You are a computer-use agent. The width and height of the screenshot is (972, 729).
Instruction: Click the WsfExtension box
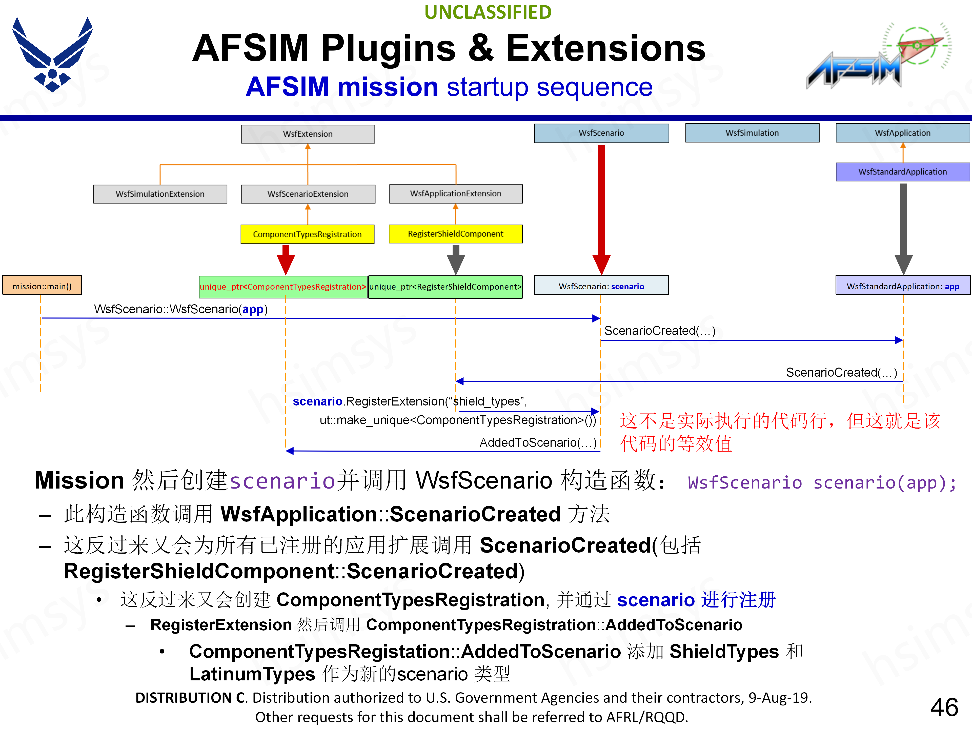click(308, 134)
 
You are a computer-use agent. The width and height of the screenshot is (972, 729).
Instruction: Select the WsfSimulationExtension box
click(160, 194)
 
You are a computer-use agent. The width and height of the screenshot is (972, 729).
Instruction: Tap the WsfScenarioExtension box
click(308, 194)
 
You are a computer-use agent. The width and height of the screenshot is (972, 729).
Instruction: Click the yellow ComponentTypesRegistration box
click(307, 234)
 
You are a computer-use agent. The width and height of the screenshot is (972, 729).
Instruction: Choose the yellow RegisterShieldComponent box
click(456, 234)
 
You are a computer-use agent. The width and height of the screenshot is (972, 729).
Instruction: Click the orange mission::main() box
click(42, 286)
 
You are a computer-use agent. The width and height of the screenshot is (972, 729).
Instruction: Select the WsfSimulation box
click(752, 133)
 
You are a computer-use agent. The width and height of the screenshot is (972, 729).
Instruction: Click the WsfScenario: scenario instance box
click(601, 286)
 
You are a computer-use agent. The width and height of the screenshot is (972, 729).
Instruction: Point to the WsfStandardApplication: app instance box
click(903, 286)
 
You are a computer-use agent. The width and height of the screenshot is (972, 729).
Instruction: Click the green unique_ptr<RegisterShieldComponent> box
click(445, 287)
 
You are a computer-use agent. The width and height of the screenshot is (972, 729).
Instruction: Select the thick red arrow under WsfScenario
click(601, 207)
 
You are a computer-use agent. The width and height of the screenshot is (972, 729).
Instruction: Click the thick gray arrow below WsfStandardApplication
click(903, 224)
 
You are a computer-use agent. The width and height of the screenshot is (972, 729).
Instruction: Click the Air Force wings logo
click(52, 55)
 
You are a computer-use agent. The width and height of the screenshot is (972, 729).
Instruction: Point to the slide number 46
click(944, 707)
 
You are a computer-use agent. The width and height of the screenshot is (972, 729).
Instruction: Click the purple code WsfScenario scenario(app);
click(821, 482)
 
